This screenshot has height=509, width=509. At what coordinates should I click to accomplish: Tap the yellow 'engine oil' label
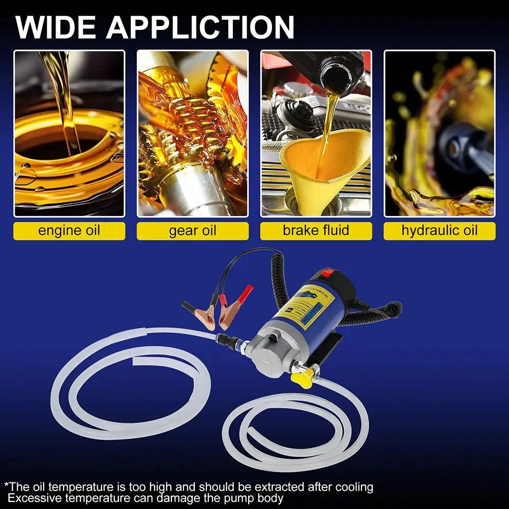click(69, 230)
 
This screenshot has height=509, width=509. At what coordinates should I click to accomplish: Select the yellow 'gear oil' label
click(193, 230)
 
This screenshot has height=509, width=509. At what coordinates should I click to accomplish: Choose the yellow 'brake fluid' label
click(316, 230)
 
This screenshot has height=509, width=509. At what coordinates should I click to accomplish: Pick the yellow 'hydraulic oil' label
click(439, 230)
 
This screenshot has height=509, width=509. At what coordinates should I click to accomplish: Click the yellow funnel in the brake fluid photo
click(325, 163)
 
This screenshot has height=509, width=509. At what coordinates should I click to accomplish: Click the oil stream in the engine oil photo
click(64, 102)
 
